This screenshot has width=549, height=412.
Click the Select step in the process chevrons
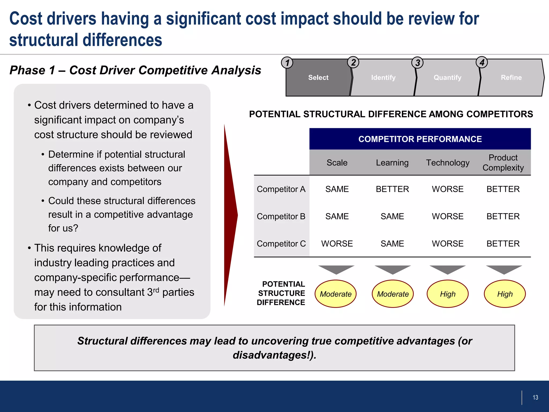pos(318,78)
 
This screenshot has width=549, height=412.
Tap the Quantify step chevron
pos(447,78)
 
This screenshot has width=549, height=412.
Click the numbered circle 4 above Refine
pos(482,62)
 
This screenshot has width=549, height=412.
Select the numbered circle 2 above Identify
pos(353,62)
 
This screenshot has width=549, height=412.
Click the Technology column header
pos(448,163)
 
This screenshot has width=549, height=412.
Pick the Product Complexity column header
pos(503,163)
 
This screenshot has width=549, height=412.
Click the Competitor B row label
pos(281,216)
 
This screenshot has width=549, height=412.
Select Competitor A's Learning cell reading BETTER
pos(392,189)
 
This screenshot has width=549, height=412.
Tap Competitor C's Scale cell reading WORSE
pos(337,244)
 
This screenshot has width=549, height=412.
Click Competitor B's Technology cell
pos(448,216)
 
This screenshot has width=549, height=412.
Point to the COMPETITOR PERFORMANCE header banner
pos(420,139)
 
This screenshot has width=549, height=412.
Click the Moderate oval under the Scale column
pos(335,294)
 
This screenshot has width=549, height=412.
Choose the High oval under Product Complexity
pos(505,294)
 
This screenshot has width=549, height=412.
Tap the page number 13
pos(535,398)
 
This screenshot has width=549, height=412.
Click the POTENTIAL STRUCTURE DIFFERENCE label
pos(281,293)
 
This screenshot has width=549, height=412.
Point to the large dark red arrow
pos(230,215)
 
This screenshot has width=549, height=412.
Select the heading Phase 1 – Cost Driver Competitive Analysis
pos(135,70)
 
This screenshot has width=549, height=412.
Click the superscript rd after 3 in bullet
pos(156,290)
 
